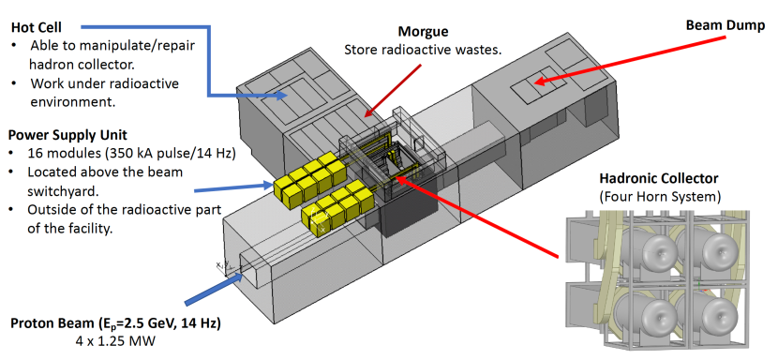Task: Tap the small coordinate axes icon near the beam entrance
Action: [x=222, y=266]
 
